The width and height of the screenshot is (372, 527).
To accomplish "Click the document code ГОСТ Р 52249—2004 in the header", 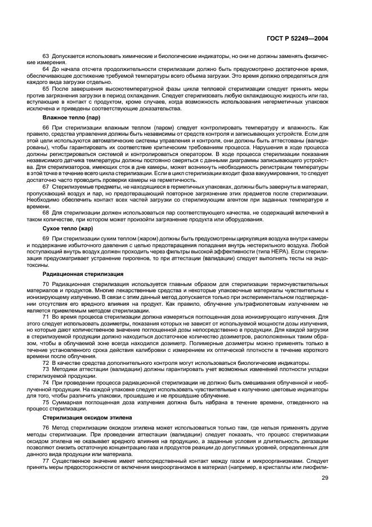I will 302,38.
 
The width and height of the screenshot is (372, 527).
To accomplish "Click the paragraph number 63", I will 46,56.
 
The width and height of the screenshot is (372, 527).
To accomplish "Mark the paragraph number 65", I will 46,89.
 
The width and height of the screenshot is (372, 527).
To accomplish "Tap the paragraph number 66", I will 46,128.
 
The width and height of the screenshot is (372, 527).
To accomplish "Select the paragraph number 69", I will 46,239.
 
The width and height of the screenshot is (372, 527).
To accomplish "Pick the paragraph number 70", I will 46,283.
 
